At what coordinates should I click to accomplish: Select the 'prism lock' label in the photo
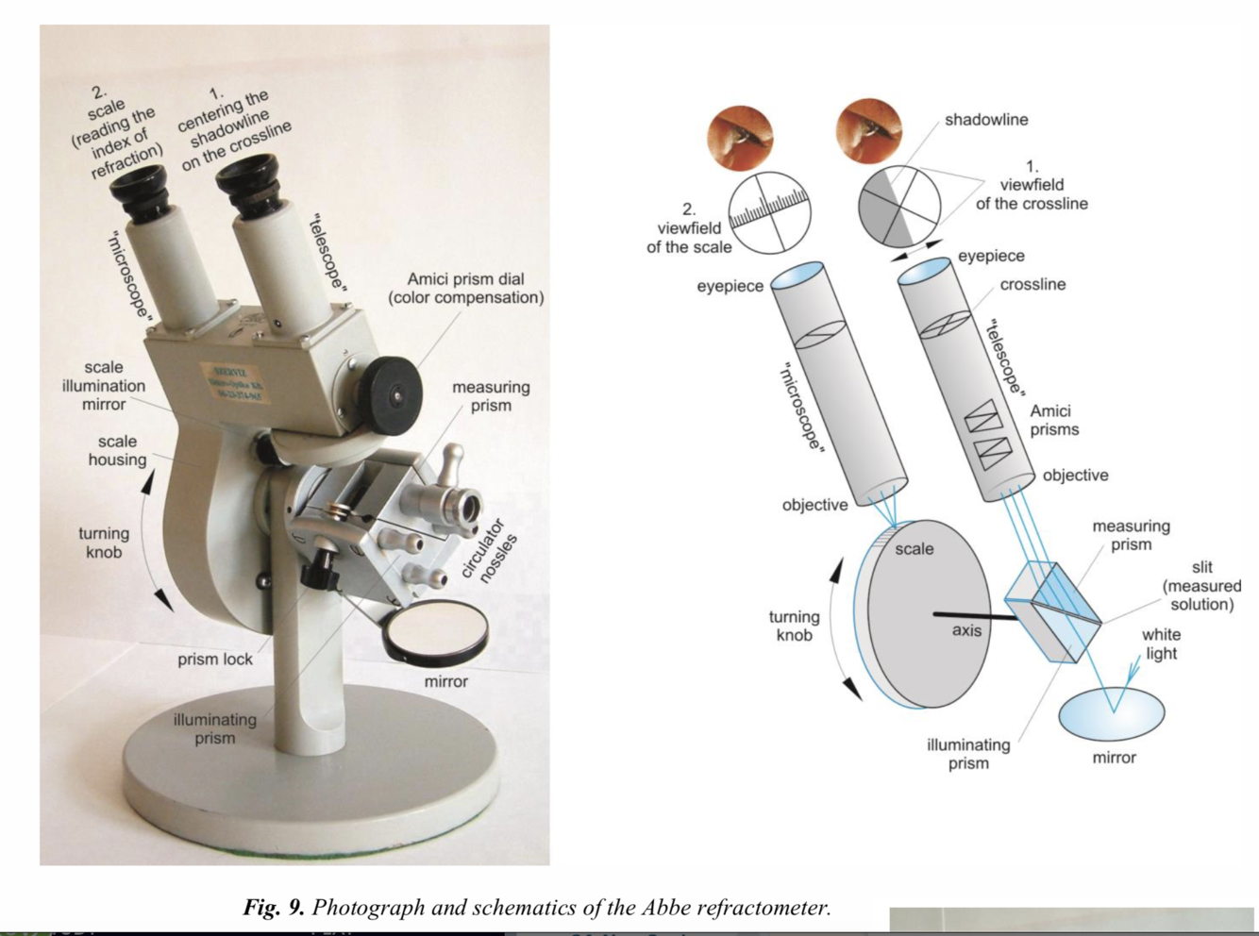tap(215, 660)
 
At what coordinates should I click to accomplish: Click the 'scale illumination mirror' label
tap(104, 386)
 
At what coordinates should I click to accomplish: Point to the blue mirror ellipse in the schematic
tap(1112, 713)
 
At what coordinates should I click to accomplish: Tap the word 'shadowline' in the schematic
tap(986, 120)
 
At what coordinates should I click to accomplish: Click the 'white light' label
tap(1161, 644)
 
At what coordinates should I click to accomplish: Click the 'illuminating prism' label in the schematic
tap(968, 754)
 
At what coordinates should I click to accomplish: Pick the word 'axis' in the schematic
tap(966, 630)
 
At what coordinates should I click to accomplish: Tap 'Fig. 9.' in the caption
tap(274, 908)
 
